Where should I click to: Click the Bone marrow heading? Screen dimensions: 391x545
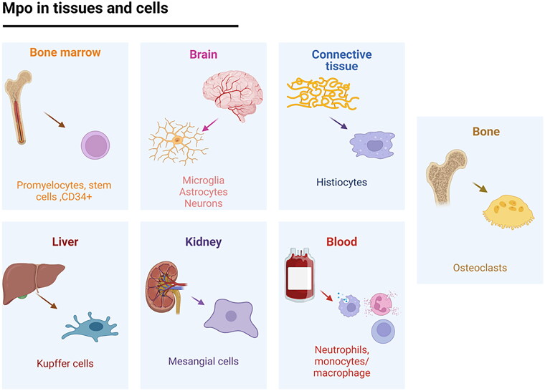pos(65,53)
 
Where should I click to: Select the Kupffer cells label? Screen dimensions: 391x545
pos(65,363)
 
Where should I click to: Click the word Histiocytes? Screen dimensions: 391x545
pos(341,183)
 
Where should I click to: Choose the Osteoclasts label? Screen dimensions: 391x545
pos(480,268)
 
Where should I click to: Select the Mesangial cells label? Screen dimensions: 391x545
pos(203,361)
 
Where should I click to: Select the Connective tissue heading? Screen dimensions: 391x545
pos(341,60)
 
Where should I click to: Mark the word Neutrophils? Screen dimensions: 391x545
pos(342,350)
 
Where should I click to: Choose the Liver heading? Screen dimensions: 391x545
pos(65,242)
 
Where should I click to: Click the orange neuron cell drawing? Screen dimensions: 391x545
pos(177,140)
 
